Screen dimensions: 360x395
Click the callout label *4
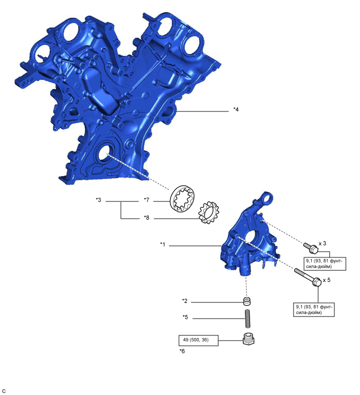[x=236, y=109]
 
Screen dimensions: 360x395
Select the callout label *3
[x=98, y=200]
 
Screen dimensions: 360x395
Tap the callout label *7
[x=147, y=200]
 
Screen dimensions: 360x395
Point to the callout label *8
[x=147, y=218]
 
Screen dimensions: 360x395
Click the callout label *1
[x=163, y=244]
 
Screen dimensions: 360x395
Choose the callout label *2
[x=185, y=301]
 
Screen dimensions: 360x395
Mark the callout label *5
[x=185, y=317]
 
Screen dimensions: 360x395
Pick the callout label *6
[x=182, y=351]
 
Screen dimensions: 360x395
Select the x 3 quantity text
[x=322, y=243]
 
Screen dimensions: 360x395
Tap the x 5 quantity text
[x=327, y=280]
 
